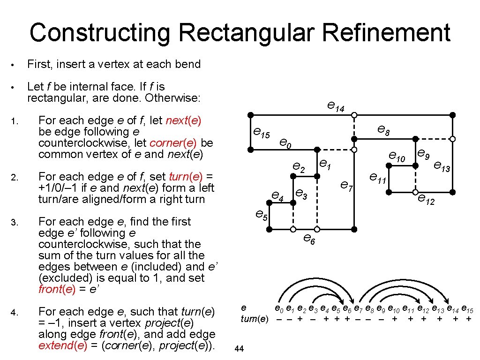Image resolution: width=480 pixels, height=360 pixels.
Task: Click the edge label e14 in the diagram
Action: click(336, 108)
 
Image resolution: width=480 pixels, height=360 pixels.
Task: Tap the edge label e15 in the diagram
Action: click(261, 133)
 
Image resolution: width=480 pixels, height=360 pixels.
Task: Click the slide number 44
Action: click(238, 348)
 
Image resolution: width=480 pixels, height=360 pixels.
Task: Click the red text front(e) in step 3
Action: click(56, 289)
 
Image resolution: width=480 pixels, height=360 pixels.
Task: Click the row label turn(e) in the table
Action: click(254, 319)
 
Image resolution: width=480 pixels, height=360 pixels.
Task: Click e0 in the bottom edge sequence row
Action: click(279, 308)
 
